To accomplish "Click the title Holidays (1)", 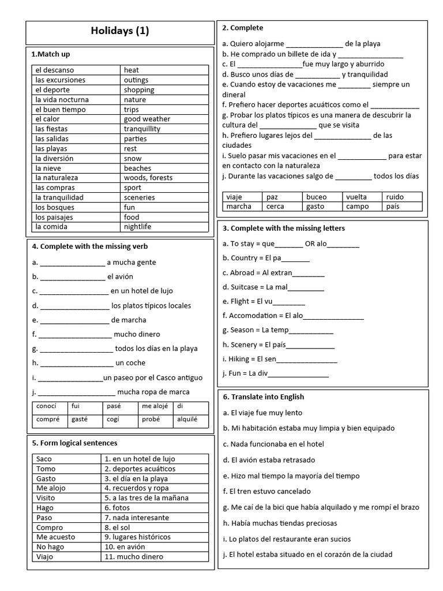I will click(119, 31).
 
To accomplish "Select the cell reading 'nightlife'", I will click(137, 227).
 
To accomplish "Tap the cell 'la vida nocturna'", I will click(62, 100).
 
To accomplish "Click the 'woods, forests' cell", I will click(148, 178).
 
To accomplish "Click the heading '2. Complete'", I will click(242, 28).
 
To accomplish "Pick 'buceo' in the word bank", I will click(316, 197).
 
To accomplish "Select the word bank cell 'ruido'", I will click(395, 197).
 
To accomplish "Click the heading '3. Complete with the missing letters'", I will click(283, 228).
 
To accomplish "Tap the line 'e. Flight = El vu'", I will click(264, 301).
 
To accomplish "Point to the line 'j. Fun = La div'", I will click(275, 373).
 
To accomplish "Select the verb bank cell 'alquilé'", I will click(187, 420).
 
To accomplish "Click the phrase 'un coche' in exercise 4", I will click(130, 363).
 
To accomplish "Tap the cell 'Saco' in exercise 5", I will click(44, 459).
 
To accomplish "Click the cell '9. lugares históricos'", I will click(137, 537).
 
